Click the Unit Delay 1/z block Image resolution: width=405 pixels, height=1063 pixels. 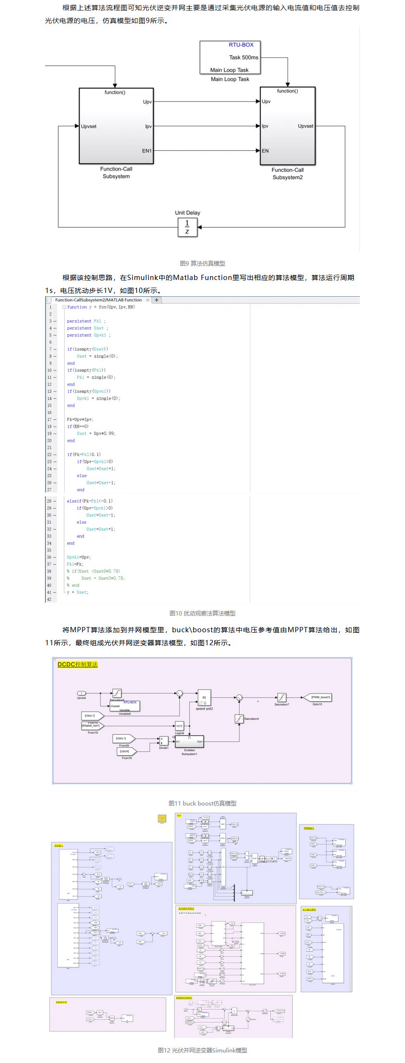(x=187, y=227)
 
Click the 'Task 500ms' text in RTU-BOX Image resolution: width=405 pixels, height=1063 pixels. (x=243, y=57)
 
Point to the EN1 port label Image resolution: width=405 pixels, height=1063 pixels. (x=147, y=151)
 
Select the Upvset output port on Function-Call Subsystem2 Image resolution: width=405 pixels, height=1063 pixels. (x=306, y=126)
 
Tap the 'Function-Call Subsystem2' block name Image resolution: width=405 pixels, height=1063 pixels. (x=288, y=174)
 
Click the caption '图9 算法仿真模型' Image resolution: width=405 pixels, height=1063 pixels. (x=202, y=263)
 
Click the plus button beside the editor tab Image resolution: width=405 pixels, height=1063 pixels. (x=157, y=300)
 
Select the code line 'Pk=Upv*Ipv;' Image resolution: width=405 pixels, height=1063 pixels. (x=80, y=419)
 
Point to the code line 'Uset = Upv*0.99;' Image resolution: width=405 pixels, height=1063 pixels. (x=96, y=434)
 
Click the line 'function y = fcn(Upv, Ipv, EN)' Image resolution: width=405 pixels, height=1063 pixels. (x=101, y=307)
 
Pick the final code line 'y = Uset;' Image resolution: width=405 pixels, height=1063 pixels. (x=78, y=593)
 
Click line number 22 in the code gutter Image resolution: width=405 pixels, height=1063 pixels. (x=49, y=455)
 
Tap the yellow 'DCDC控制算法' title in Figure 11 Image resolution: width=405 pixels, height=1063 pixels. (x=77, y=664)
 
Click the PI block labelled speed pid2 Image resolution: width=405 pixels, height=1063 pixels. (x=204, y=697)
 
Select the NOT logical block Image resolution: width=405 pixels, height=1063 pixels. (x=179, y=726)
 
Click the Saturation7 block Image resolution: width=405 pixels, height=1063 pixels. (x=282, y=697)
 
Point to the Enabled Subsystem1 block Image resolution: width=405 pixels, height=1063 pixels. (x=189, y=741)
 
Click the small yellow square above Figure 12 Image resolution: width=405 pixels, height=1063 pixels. (x=162, y=818)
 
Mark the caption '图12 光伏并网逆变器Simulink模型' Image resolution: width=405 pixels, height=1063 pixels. (x=202, y=1050)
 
